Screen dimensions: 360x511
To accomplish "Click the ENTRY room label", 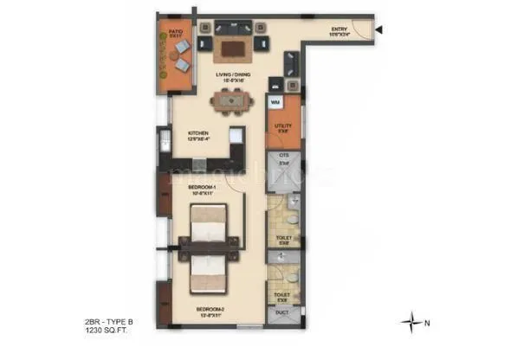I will (x=340, y=31).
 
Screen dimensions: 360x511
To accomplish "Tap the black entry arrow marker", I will (x=378, y=33).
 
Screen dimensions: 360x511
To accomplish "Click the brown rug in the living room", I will (x=232, y=48).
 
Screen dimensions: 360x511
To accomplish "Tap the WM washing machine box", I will (x=275, y=103).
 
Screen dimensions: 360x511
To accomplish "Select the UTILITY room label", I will (x=283, y=127).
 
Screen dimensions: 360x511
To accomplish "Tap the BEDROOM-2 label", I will (x=212, y=309).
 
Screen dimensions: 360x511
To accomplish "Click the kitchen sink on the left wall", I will (x=162, y=144).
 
